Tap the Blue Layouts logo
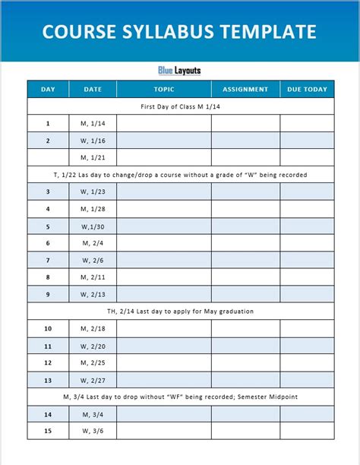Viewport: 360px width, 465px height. click(x=179, y=71)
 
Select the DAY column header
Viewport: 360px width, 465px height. click(x=48, y=90)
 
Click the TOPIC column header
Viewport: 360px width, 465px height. click(x=163, y=90)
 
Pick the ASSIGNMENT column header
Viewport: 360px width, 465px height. click(x=245, y=90)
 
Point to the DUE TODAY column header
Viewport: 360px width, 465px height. click(x=306, y=90)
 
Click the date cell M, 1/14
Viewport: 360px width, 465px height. click(x=93, y=123)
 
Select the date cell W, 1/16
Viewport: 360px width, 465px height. click(x=93, y=141)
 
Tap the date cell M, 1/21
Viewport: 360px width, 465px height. click(x=93, y=157)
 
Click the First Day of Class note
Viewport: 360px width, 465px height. click(x=180, y=106)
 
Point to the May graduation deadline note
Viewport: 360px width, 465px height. click(x=180, y=312)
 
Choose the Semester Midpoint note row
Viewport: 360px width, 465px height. click(x=180, y=397)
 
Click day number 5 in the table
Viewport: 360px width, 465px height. click(x=48, y=226)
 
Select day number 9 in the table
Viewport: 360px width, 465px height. click(x=48, y=295)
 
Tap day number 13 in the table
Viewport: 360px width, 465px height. click(x=48, y=380)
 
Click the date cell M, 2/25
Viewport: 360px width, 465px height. click(x=93, y=363)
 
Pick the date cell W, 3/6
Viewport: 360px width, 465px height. click(x=93, y=432)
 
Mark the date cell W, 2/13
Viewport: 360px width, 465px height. click(x=93, y=295)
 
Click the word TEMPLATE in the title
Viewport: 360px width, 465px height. click(x=267, y=31)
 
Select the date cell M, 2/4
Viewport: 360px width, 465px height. click(x=93, y=243)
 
